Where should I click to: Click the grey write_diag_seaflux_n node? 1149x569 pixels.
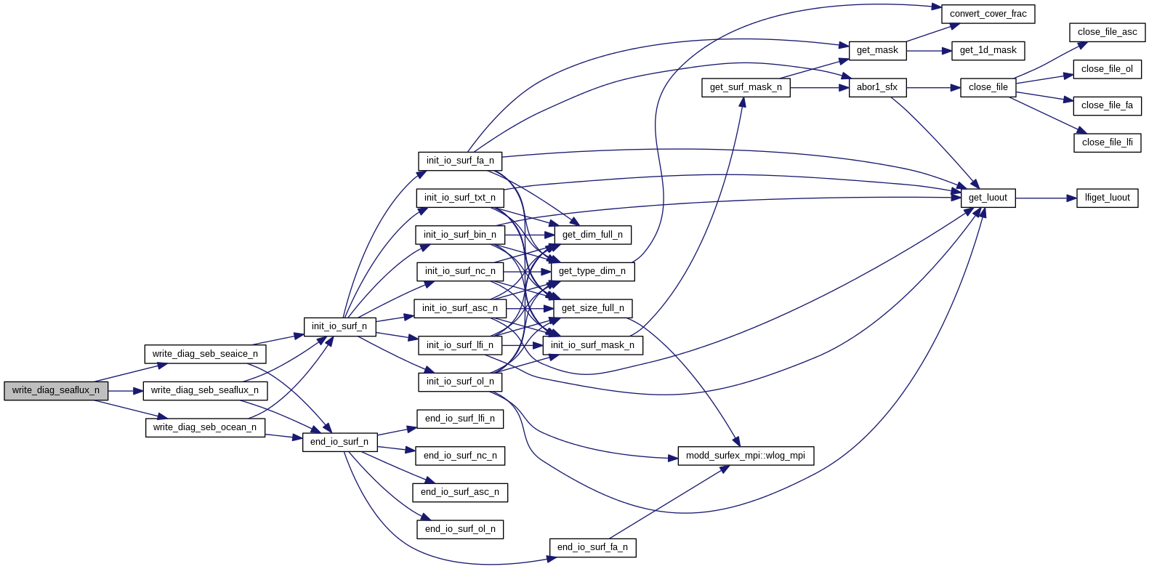[56, 391]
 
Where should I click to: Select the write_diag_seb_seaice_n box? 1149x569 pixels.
[205, 354]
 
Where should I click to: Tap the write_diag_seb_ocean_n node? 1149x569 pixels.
[205, 427]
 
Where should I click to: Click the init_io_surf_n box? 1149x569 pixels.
[339, 326]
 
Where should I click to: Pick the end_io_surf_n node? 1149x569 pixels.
[339, 442]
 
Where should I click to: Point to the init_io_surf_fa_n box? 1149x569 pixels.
[460, 161]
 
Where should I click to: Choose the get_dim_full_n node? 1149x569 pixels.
[592, 235]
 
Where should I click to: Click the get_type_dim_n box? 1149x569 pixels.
[592, 271]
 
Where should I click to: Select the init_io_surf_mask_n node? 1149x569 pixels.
[592, 345]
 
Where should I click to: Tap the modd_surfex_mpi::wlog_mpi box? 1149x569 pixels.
[746, 456]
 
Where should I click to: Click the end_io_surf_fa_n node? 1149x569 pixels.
[592, 547]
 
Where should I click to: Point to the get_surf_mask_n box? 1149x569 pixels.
[746, 87]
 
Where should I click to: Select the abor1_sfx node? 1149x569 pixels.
[877, 87]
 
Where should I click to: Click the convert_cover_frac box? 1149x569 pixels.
[988, 14]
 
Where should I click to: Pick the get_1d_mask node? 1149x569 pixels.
[988, 50]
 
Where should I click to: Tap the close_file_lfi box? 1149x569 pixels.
[1107, 142]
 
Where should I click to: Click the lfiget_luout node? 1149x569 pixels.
[1107, 198]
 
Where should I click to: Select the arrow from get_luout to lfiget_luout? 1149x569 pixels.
[1046, 198]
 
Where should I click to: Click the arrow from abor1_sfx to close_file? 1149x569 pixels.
[933, 87]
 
